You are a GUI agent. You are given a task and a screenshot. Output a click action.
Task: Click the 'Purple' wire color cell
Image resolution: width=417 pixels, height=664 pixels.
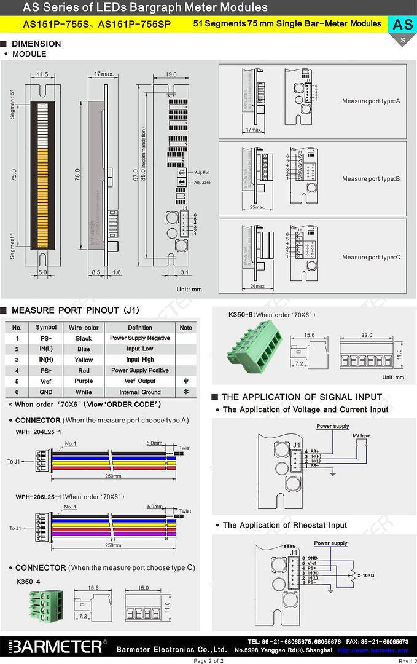coord(84,381)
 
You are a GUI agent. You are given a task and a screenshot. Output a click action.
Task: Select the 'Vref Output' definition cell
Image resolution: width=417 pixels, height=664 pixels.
coord(140,381)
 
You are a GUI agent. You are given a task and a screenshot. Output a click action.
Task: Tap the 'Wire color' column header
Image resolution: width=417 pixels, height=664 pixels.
coord(84,328)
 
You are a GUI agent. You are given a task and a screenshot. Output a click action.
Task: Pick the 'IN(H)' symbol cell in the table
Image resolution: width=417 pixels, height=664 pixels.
coord(46,360)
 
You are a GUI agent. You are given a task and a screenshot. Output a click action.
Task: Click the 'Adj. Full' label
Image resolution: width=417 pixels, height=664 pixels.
coord(202,173)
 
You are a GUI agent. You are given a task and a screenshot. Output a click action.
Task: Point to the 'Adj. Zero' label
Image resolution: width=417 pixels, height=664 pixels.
coord(202,183)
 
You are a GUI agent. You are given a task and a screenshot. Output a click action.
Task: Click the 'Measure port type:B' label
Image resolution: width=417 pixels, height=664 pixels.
coord(371,179)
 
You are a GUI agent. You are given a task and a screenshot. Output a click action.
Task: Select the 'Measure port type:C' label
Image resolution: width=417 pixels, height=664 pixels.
coord(371,257)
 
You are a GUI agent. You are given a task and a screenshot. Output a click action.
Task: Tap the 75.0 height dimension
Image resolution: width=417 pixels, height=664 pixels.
coord(13,175)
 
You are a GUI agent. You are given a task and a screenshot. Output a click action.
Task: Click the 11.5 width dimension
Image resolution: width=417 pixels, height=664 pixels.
coord(42,74)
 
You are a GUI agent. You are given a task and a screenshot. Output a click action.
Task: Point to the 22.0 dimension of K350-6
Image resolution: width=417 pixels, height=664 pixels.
coord(367,335)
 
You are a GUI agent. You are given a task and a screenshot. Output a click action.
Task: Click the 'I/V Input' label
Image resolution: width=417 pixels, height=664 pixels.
coord(361,436)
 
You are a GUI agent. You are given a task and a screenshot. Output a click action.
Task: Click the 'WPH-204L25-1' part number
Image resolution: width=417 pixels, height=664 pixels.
coord(38,432)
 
